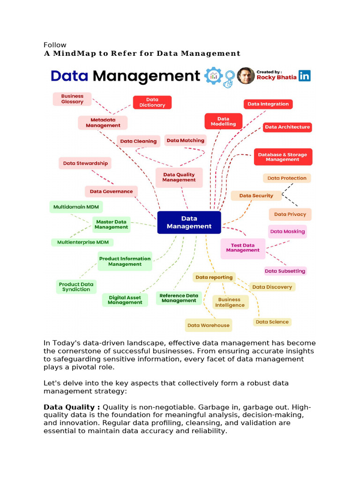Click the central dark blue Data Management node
189,222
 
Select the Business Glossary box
72,99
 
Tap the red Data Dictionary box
152,102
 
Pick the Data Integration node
268,104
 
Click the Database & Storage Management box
282,157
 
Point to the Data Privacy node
290,214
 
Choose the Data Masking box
287,232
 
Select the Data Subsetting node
285,271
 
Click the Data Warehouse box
208,325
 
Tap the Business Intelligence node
230,302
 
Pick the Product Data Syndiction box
76,287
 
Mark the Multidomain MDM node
75,207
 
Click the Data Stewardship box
85,163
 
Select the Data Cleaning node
138,141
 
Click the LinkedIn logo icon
305,76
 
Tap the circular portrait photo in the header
246,76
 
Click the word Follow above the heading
55,45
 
